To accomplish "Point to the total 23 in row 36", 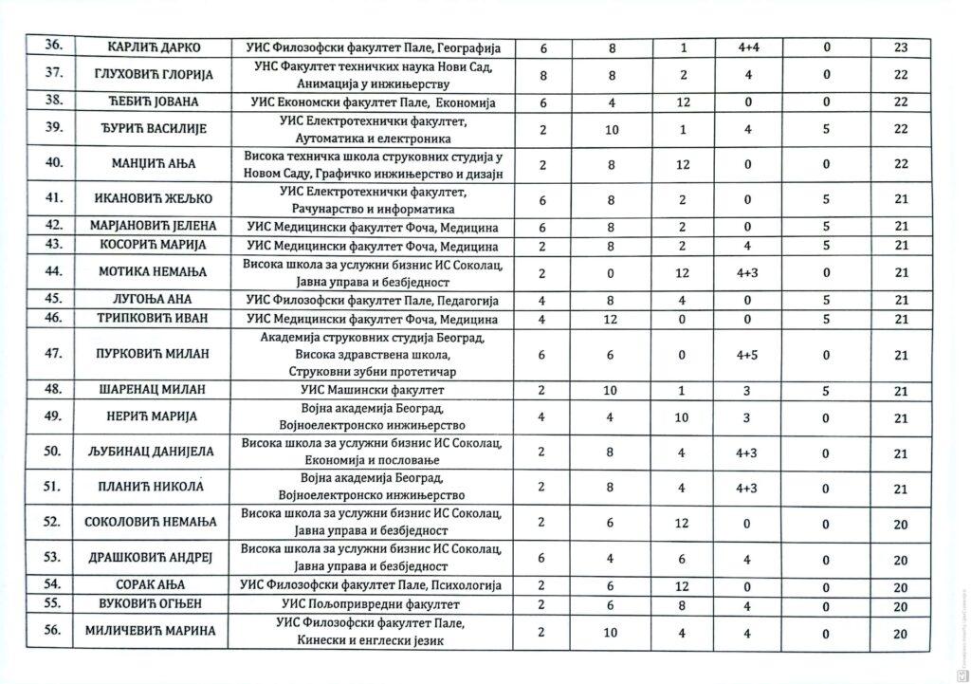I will [x=901, y=47].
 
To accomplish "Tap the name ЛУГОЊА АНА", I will [x=153, y=299].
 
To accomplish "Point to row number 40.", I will [x=53, y=163].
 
